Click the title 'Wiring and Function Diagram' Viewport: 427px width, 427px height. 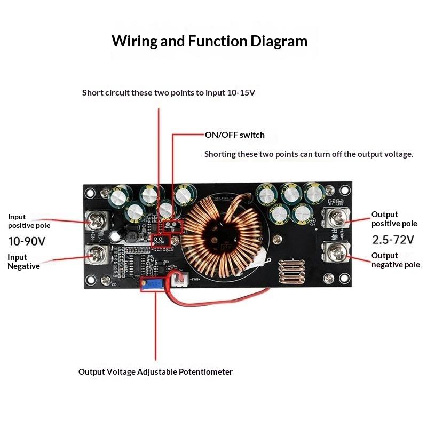click(209, 42)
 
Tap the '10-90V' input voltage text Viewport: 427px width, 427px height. click(27, 241)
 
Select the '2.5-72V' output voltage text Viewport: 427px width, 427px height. click(393, 240)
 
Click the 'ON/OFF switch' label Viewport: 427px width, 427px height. click(234, 135)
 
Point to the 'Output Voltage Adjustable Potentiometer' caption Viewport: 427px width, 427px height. click(155, 372)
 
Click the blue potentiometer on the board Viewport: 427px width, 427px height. click(152, 284)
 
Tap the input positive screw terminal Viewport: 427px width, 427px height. click(98, 221)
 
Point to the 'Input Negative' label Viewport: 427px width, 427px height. click(23, 262)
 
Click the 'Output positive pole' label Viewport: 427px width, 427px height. click(394, 219)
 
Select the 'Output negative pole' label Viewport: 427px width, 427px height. click(396, 260)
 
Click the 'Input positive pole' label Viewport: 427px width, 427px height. click(29, 221)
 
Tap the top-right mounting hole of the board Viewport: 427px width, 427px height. click(344, 190)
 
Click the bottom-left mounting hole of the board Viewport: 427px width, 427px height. click(90, 280)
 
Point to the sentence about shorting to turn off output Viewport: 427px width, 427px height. click(309, 154)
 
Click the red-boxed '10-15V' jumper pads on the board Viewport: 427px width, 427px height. click(161, 241)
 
